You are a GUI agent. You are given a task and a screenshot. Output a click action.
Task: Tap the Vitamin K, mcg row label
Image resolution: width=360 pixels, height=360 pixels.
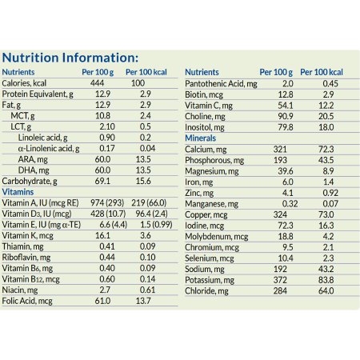click(x=26, y=236)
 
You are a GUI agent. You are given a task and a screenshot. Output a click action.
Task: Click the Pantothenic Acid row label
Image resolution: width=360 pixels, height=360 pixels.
click(x=222, y=83)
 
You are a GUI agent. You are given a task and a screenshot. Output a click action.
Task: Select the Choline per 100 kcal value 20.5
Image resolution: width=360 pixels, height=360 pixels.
click(x=324, y=116)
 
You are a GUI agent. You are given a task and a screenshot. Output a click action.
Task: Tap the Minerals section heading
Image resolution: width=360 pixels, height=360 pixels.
click(x=201, y=138)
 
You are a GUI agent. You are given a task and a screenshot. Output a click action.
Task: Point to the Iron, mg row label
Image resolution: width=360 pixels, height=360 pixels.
click(x=200, y=182)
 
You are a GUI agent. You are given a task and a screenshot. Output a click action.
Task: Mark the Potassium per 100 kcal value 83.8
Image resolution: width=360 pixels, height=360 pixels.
click(x=324, y=290)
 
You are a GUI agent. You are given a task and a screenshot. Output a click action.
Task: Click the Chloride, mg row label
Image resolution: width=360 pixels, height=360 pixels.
click(x=206, y=302)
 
